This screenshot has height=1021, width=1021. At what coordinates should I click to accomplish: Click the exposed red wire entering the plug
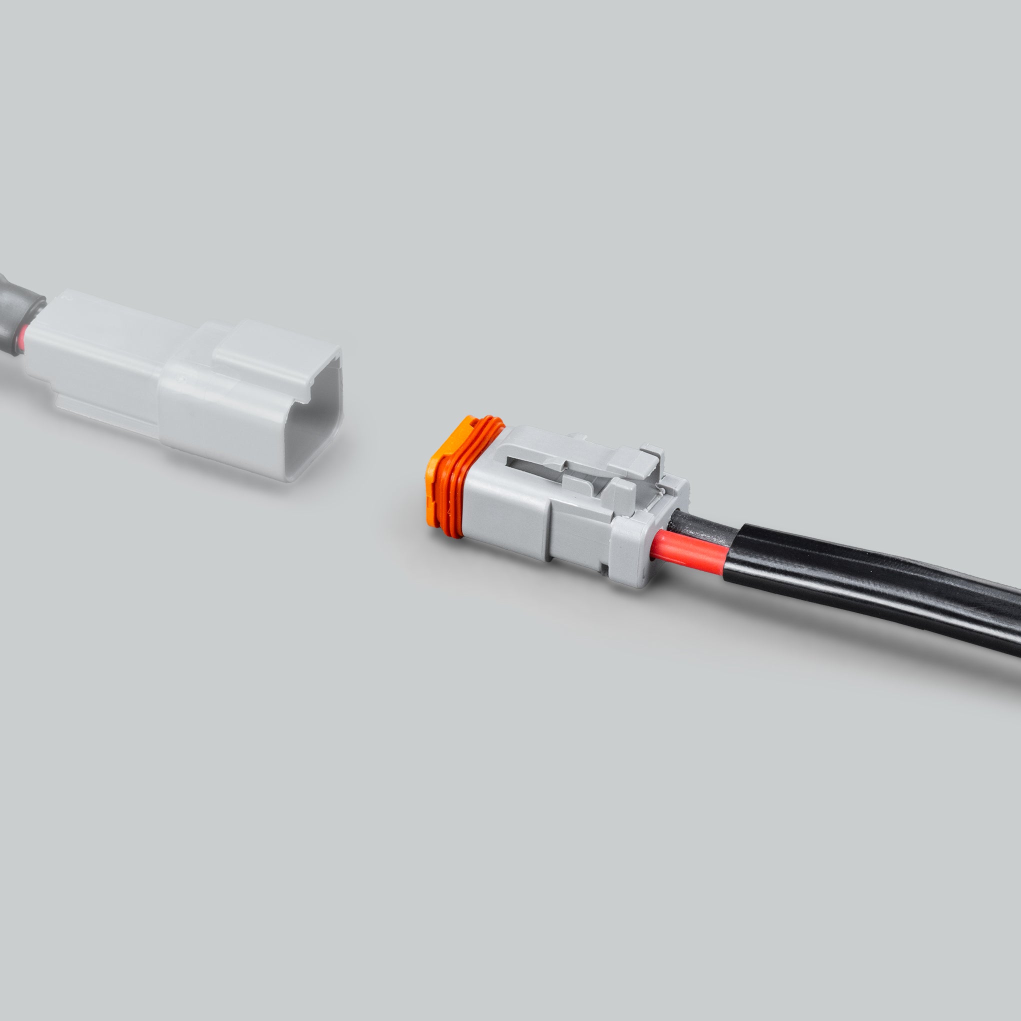(x=687, y=549)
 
